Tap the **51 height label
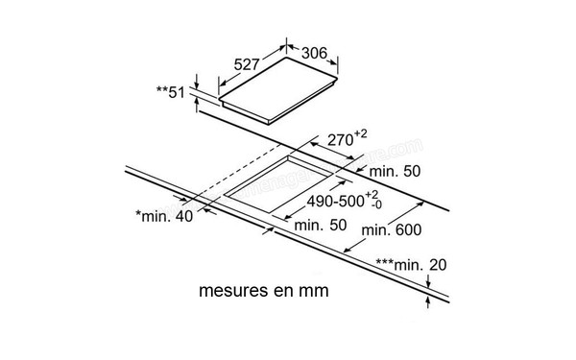170,92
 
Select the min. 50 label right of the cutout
396,171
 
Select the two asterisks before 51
160,91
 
